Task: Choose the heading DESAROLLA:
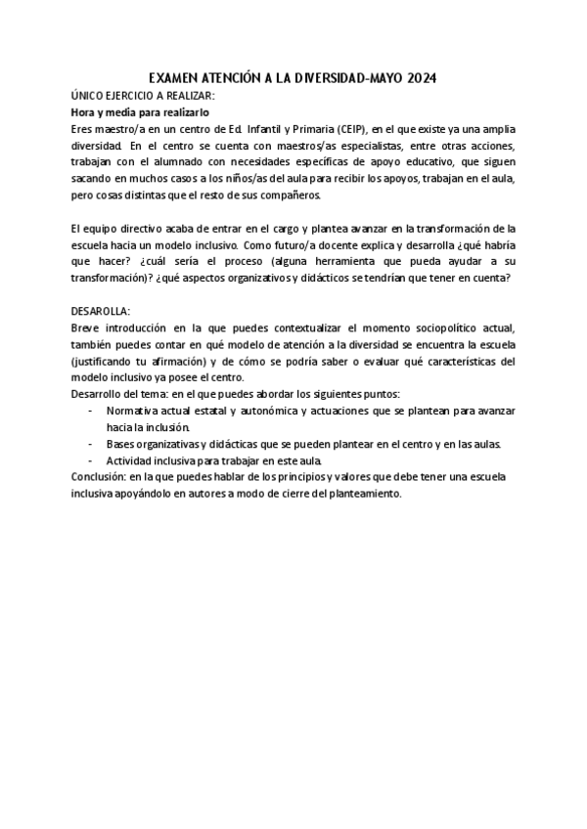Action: pyautogui.click(x=101, y=310)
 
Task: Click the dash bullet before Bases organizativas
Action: pyautogui.click(x=91, y=444)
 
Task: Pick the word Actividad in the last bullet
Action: pyautogui.click(x=131, y=460)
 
